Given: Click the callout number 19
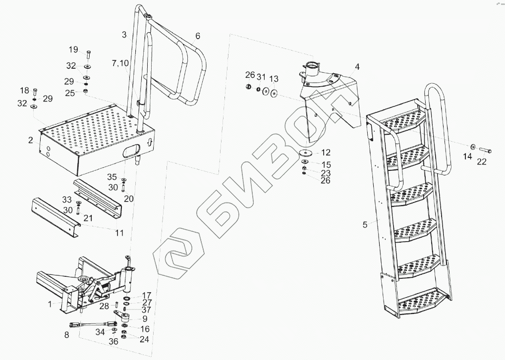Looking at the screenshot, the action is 73,50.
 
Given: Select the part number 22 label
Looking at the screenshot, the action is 482,161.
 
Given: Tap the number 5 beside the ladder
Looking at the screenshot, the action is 365,224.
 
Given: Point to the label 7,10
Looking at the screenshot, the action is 118,63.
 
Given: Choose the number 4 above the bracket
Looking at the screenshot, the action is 357,66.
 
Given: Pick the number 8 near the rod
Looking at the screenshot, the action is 67,335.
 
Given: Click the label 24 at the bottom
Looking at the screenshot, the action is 145,340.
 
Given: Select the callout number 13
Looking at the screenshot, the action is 274,79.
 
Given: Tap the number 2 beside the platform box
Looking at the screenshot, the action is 31,141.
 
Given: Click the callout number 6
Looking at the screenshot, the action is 198,36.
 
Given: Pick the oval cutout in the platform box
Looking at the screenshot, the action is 132,151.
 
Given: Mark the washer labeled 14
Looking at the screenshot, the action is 473,146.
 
